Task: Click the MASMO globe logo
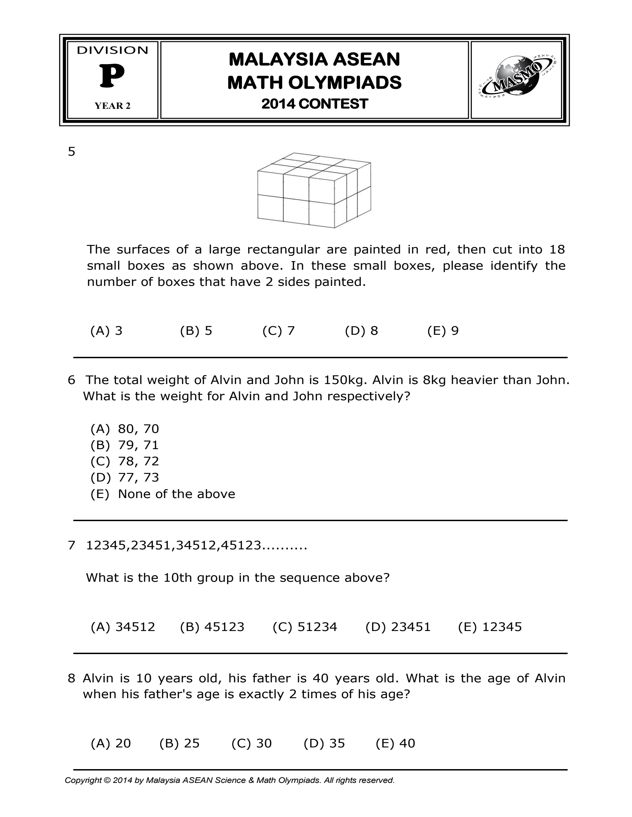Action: click(x=516, y=80)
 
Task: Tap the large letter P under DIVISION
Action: click(x=112, y=77)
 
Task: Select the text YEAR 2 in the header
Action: click(x=113, y=106)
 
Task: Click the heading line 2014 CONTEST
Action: click(x=315, y=104)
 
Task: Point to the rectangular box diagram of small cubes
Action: click(x=314, y=190)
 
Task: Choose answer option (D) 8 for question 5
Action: click(x=361, y=331)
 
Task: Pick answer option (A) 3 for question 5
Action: click(x=106, y=331)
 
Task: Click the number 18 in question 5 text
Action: click(x=557, y=249)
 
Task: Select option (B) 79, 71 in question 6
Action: click(x=125, y=445)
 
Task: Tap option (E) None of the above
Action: click(x=163, y=494)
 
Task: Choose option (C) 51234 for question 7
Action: click(x=305, y=627)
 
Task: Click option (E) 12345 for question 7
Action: click(x=489, y=627)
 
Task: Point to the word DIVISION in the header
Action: click(x=113, y=51)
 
